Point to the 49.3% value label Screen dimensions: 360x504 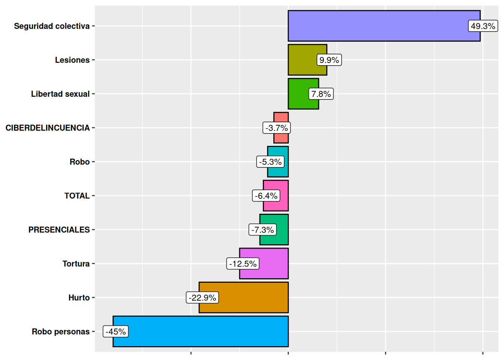483,26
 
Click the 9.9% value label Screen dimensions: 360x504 329,60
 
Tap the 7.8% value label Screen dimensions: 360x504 321,94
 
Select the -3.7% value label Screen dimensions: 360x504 277,128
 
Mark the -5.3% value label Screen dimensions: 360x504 270,162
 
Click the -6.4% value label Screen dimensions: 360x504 266,196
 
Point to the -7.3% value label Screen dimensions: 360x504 262,230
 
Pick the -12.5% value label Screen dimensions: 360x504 243,264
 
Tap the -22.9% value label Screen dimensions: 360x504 202,298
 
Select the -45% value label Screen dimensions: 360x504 116,331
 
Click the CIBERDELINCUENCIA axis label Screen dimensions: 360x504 48,128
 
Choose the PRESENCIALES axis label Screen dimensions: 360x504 59,230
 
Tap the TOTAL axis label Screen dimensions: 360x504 77,196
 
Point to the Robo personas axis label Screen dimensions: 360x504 61,331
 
